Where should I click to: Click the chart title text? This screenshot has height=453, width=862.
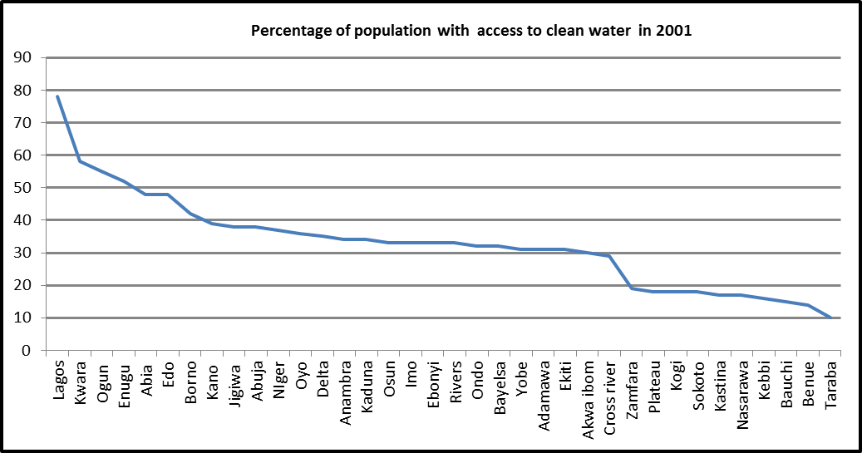tap(471, 32)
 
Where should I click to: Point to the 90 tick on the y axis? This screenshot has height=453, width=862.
tap(22, 58)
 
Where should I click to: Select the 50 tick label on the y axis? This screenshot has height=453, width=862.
tap(22, 188)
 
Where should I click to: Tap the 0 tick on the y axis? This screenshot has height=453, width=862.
tap(27, 351)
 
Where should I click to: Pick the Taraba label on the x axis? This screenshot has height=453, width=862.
tap(830, 382)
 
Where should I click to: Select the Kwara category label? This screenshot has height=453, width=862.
tap(81, 381)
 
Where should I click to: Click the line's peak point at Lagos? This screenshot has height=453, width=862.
tap(57, 96)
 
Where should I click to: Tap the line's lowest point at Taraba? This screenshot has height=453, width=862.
tap(830, 318)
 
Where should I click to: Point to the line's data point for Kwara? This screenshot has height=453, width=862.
tap(80, 161)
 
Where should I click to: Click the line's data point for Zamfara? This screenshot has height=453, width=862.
tap(632, 288)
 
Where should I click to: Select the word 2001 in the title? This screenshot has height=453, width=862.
tap(676, 32)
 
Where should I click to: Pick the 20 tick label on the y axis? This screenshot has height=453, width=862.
tap(22, 285)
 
